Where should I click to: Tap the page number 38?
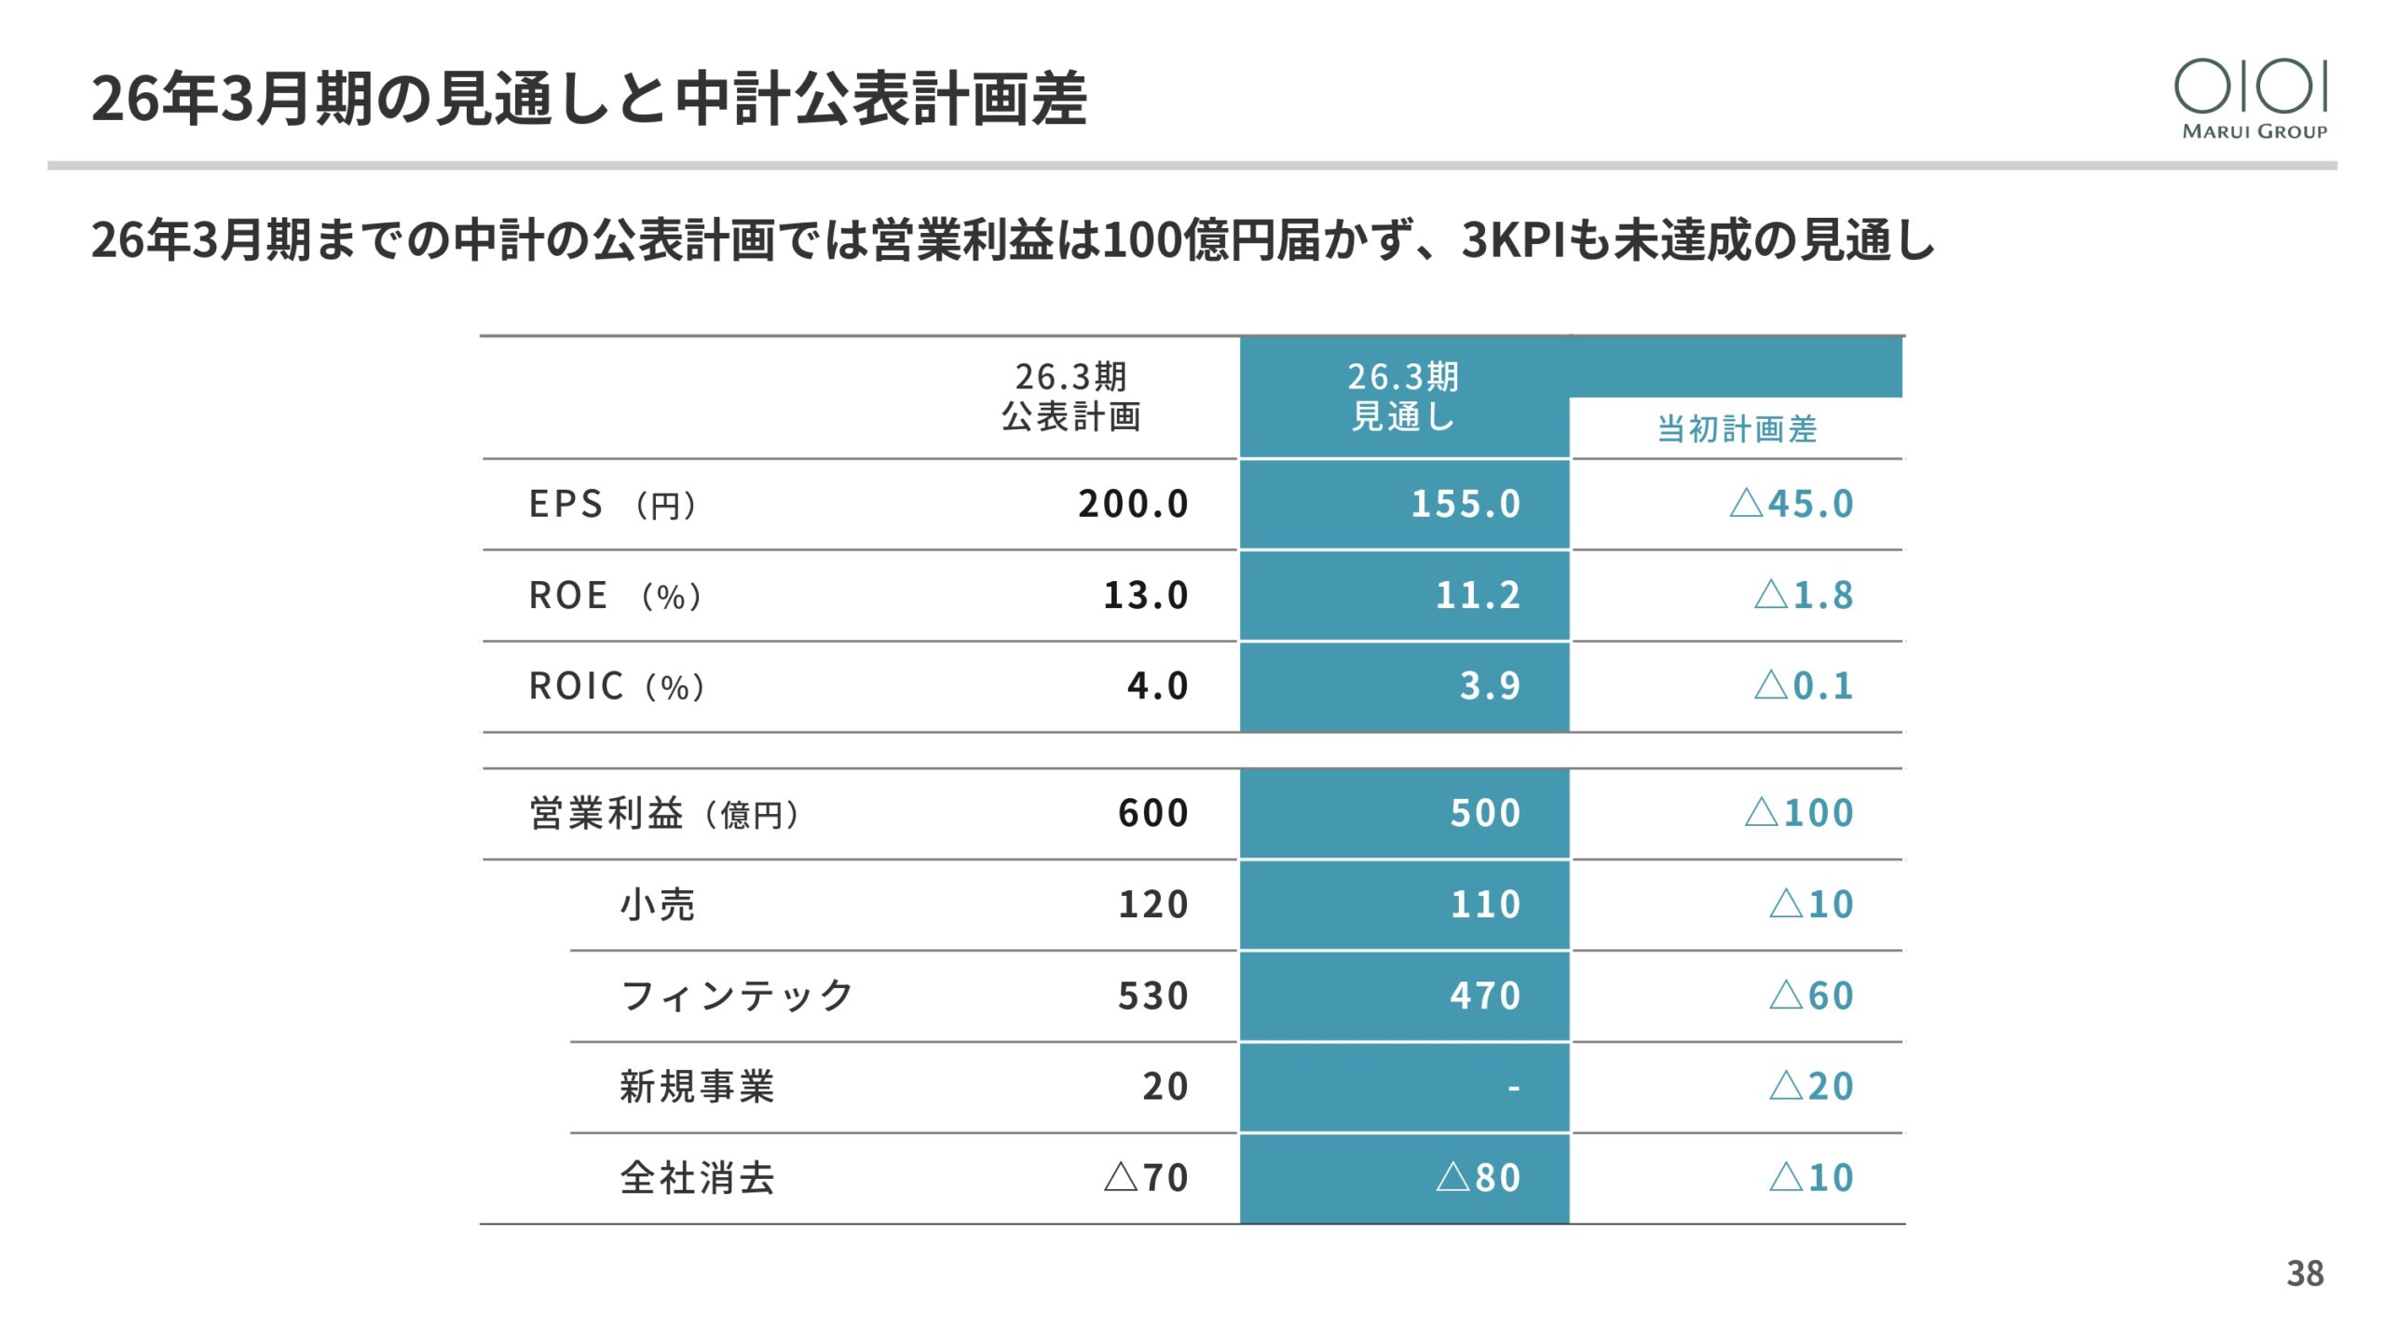tap(2305, 1273)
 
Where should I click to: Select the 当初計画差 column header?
tap(1737, 429)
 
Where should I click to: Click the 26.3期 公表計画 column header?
tap(1071, 397)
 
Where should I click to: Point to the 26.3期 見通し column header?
tap(1403, 397)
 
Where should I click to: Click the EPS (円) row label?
tap(613, 504)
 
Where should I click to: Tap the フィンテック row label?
tap(737, 996)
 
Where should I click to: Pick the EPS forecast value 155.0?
tap(1465, 504)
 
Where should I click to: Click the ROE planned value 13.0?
tap(1146, 595)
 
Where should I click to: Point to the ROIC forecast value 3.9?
tap(1490, 686)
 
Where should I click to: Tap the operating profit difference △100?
tap(1799, 813)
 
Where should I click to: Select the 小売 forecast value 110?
tap(1485, 904)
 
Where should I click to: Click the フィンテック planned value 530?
tap(1153, 996)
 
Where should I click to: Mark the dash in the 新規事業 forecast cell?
tap(1514, 1087)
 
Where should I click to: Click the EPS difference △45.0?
tap(1792, 504)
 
